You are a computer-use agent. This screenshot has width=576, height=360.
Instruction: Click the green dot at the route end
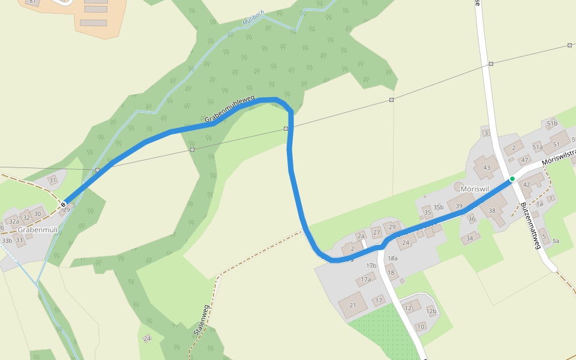512,179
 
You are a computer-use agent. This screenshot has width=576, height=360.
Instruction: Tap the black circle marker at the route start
63,205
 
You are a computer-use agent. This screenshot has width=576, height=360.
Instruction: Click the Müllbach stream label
253,20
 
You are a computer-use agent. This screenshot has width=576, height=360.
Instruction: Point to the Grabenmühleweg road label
230,110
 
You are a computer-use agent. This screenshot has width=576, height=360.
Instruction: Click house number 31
52,180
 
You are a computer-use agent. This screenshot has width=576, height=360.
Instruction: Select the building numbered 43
487,167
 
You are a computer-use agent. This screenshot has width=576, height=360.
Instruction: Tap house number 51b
552,124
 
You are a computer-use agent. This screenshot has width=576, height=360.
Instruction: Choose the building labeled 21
353,305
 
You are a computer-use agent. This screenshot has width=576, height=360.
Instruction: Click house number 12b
431,311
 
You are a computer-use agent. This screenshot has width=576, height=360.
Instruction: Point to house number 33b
7,241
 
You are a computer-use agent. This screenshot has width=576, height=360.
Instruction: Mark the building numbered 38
492,211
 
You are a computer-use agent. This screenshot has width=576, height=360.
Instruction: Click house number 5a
556,241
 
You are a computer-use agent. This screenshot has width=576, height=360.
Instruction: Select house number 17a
366,279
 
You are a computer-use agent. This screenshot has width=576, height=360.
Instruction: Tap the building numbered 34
470,238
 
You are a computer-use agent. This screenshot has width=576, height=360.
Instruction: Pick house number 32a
14,221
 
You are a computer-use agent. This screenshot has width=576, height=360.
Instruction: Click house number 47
524,160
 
